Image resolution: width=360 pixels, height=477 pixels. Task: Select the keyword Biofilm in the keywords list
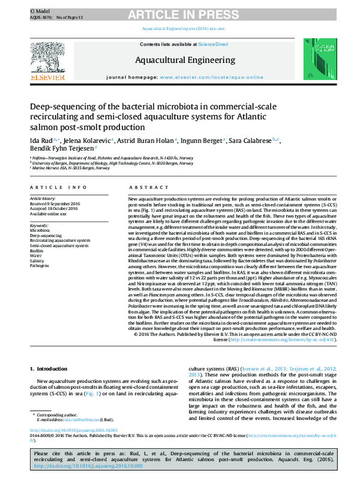pyautogui.click(x=37, y=250)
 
